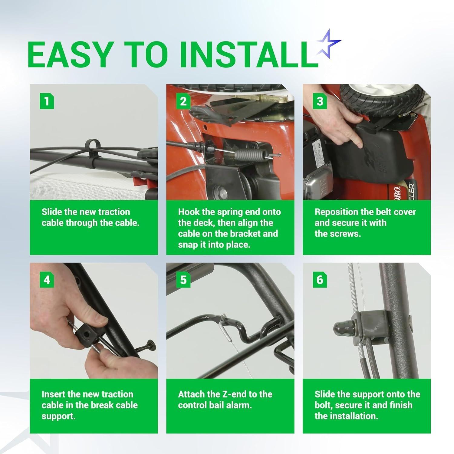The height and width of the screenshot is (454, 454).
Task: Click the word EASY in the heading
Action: point(69,54)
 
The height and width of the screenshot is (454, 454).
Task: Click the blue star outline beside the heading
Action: point(327,46)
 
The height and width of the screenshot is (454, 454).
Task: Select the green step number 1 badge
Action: point(47,101)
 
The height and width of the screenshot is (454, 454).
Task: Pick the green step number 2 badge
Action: point(183,101)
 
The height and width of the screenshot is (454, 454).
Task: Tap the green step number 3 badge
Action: point(320,101)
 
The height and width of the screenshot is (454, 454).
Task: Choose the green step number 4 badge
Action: point(47,280)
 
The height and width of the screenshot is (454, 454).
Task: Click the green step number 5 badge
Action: point(183,280)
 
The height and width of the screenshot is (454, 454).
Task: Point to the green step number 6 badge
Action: point(320,280)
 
